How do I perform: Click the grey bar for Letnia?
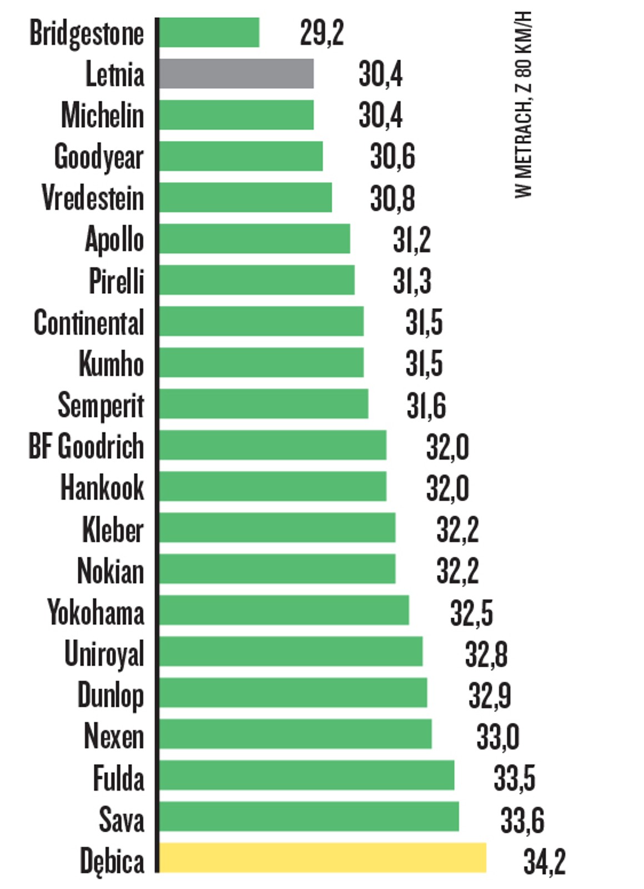coord(237,74)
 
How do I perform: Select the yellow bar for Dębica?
coord(323,858)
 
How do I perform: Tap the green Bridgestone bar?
coord(209,33)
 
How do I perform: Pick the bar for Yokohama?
coord(284,611)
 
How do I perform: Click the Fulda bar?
coord(306,776)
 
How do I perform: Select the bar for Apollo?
coord(255,239)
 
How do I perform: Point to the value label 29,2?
coord(322,33)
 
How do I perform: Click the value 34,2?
coord(544,861)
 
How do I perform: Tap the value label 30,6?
coord(393,157)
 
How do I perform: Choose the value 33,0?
coord(498,737)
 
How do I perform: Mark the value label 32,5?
coord(471,613)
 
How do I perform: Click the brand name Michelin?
coord(103,116)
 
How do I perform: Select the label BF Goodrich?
coord(87,446)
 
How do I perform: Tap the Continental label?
coord(89,322)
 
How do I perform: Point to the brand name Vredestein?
coord(93,198)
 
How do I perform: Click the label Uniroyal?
coord(104,654)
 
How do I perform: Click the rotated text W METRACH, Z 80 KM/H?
coord(524,104)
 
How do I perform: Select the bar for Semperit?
coord(264,404)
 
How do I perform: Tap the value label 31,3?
coord(412,281)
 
